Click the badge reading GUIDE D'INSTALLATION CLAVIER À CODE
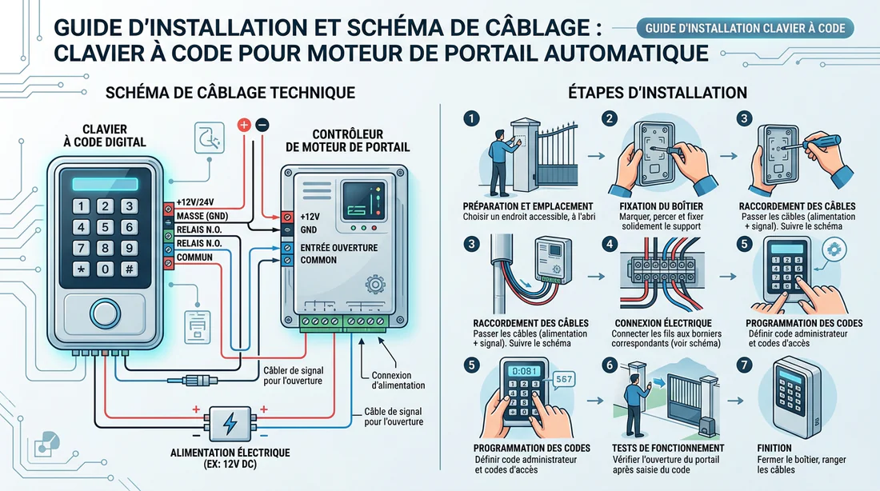tap(745, 28)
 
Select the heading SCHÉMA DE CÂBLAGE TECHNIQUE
tap(230, 93)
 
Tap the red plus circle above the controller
tap(244, 125)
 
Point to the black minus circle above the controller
tap(262, 125)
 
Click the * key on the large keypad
tap(80, 269)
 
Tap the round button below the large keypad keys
tap(104, 313)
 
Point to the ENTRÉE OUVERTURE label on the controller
tap(338, 247)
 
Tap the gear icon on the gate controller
tap(373, 285)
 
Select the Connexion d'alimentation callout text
tap(398, 381)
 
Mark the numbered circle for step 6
tap(610, 365)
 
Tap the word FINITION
tap(773, 448)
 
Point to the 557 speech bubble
tap(565, 380)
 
